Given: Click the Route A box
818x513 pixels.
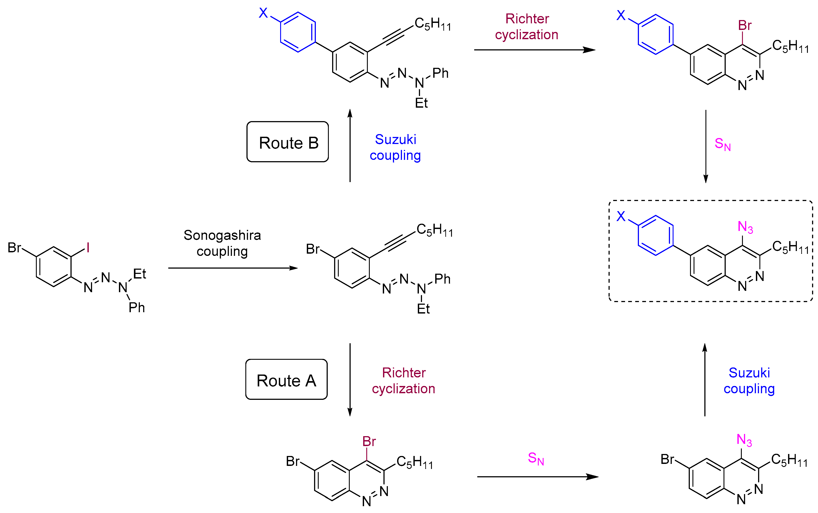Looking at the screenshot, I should coord(286,379).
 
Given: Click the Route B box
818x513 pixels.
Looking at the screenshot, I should coord(287,142).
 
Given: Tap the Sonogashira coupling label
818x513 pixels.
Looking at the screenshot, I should coord(222,243).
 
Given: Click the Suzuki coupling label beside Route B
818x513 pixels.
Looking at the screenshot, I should coord(395,147).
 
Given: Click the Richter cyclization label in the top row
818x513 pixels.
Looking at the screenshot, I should coord(526,26).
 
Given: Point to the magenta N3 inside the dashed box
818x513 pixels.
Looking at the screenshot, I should coord(745,227).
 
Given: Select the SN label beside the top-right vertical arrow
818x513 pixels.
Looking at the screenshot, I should coord(722,144).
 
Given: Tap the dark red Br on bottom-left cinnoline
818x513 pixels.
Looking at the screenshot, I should coord(369,441).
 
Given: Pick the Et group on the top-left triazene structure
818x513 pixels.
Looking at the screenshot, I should coord(421,103).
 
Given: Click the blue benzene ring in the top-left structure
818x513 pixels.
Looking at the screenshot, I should coord(298,32).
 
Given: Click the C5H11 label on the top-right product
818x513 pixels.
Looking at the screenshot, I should coord(790,46).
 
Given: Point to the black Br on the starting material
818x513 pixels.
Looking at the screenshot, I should coord(14,248).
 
